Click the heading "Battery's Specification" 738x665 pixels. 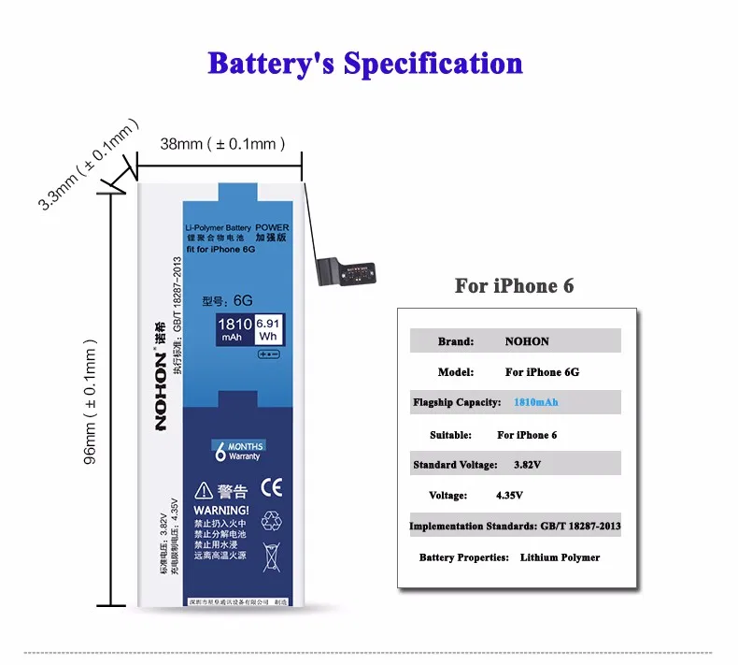365,64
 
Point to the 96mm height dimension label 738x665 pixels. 91,406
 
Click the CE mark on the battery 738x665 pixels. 272,488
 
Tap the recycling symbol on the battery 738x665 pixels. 272,521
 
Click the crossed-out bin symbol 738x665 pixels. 272,556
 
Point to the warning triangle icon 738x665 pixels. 203,491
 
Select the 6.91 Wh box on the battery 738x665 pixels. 268,329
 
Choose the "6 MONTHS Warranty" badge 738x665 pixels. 238,450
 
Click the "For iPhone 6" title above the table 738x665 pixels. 514,286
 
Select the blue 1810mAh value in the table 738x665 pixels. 536,402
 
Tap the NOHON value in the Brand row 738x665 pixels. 527,341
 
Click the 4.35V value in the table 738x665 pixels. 509,495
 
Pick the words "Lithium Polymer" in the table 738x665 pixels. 560,557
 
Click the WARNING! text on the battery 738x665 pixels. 221,511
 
